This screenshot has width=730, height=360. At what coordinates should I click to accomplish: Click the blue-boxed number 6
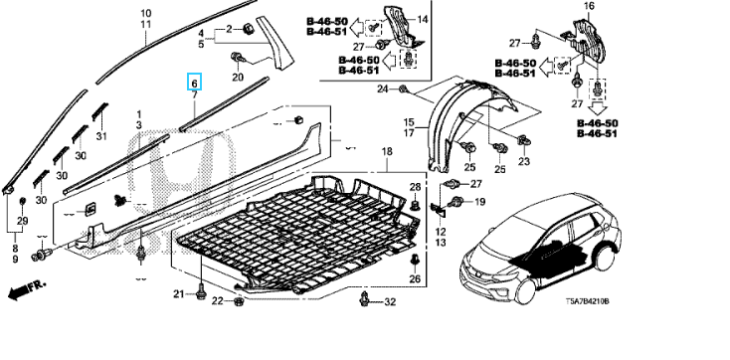tap(195, 84)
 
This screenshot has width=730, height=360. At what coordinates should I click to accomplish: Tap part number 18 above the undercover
tap(387, 151)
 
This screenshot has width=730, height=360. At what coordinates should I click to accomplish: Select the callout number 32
tap(390, 302)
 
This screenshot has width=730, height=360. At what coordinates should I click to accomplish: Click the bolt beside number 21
tap(201, 292)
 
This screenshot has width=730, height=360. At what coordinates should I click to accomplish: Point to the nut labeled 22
tap(238, 301)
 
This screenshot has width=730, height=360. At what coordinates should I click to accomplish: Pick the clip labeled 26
tap(415, 261)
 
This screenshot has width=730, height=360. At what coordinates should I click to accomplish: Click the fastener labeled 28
tap(416, 205)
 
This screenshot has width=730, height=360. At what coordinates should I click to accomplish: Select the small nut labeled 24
tap(403, 89)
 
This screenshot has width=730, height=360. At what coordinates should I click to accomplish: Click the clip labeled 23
tap(523, 139)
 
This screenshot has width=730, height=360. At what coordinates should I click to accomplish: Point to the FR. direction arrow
tap(27, 290)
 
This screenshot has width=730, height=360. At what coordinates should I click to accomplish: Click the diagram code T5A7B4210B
tap(587, 301)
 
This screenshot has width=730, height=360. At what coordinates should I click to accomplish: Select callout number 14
tap(423, 19)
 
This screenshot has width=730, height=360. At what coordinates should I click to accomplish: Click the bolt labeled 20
tap(238, 58)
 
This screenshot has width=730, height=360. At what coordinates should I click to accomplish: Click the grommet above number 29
tap(22, 202)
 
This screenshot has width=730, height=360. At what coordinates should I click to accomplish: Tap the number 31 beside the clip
tap(101, 136)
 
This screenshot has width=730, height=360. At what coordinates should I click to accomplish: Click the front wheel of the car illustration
tap(525, 289)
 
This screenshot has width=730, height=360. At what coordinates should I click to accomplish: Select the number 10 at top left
tap(146, 13)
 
